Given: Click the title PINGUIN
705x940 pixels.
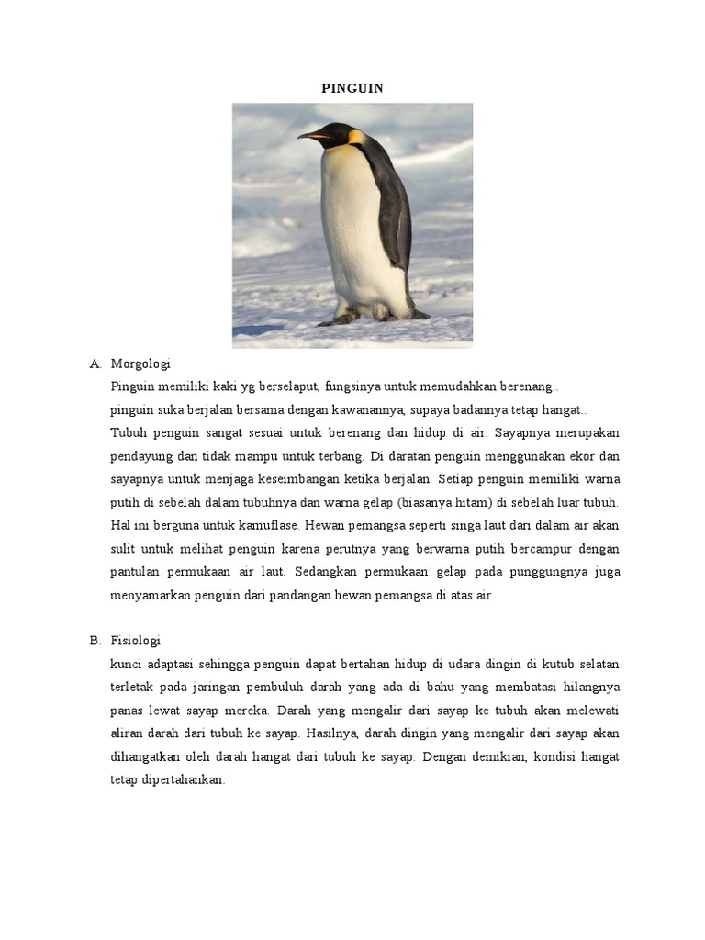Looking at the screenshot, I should click(352, 88).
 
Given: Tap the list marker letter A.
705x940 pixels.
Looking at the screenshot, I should click(95, 364).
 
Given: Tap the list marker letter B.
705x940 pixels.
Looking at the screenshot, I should click(95, 641).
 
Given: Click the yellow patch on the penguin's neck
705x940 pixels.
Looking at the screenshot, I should click(356, 138).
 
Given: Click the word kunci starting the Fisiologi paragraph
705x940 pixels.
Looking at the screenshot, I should click(127, 664).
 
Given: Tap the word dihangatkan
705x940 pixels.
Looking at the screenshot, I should click(150, 757).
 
